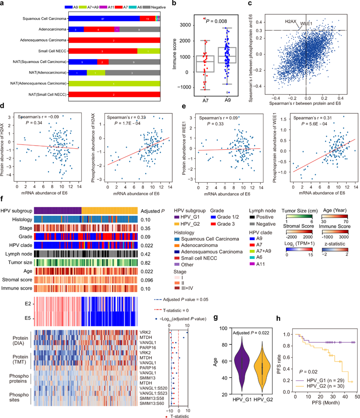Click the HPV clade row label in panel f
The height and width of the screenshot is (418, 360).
(19, 233)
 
